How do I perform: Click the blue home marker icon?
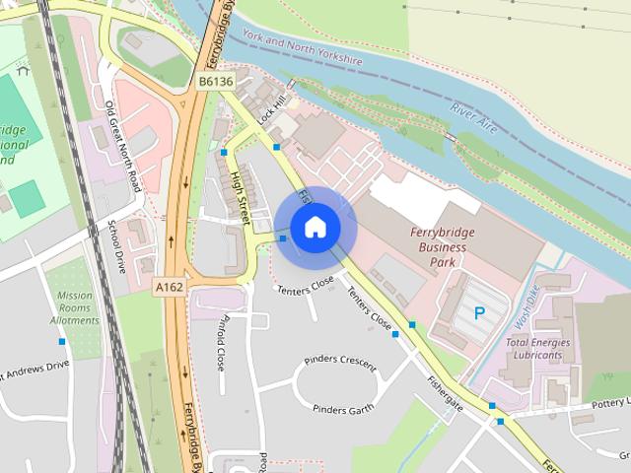[x=314, y=228]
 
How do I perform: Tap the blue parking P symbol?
[x=480, y=313]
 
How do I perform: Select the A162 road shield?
[x=169, y=285]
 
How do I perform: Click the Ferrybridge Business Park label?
[x=436, y=246]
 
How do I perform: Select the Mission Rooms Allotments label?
[x=75, y=307]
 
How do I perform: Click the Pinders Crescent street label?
[x=340, y=364]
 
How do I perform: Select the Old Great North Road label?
[x=122, y=146]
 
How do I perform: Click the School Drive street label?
[x=116, y=246]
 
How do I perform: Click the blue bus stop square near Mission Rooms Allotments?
[x=62, y=341]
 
